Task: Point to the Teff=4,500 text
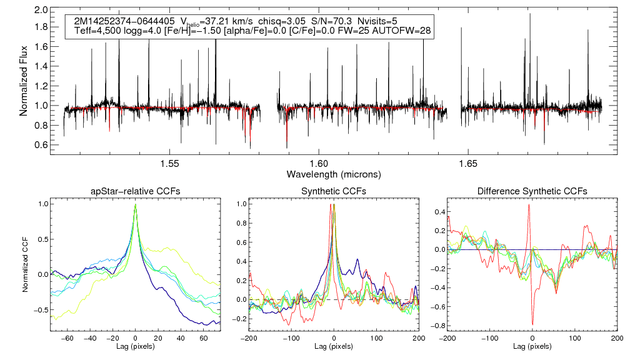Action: coord(97,30)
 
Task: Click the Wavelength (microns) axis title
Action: coord(334,173)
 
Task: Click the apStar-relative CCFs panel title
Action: coord(135,191)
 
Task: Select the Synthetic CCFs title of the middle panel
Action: coord(333,191)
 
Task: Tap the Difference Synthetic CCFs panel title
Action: coord(532,191)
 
